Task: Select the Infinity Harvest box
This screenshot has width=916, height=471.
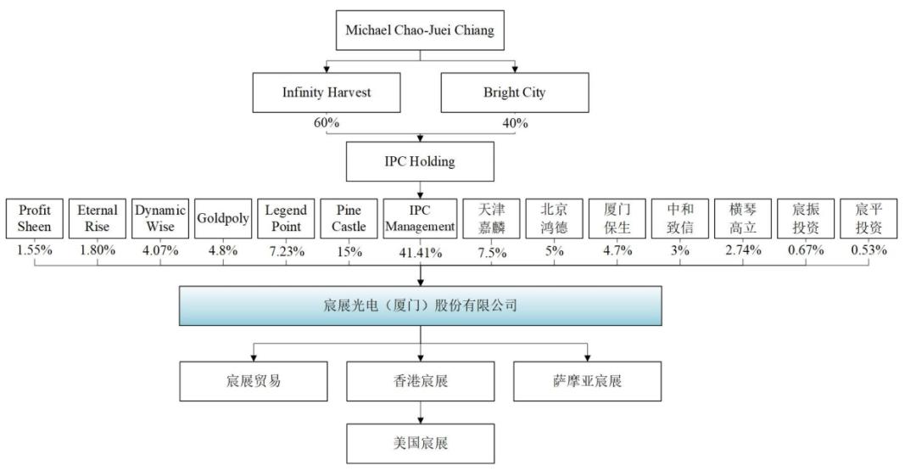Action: pyautogui.click(x=327, y=93)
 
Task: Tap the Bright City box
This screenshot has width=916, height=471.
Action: pyautogui.click(x=514, y=93)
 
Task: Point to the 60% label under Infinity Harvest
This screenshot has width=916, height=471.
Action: pyautogui.click(x=327, y=123)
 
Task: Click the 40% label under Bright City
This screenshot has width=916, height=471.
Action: pyautogui.click(x=514, y=123)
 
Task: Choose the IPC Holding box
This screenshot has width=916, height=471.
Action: pyautogui.click(x=420, y=161)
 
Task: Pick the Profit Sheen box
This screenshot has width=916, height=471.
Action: pyautogui.click(x=35, y=218)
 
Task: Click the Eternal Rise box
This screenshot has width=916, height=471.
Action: pyautogui.click(x=98, y=218)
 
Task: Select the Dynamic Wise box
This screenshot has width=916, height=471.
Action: pyautogui.click(x=160, y=218)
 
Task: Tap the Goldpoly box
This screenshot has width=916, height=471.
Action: pyautogui.click(x=223, y=218)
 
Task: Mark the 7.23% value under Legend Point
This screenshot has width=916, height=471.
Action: pyautogui.click(x=286, y=250)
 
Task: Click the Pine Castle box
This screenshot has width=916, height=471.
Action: pyautogui.click(x=349, y=218)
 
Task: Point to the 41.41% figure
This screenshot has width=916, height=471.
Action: pyautogui.click(x=420, y=250)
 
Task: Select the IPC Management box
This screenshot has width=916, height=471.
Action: pyautogui.click(x=420, y=218)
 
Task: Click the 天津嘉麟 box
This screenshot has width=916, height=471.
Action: pyautogui.click(x=491, y=218)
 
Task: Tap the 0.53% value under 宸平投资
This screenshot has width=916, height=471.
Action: pyautogui.click(x=869, y=250)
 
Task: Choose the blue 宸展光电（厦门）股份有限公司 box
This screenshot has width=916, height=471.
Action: pyautogui.click(x=420, y=306)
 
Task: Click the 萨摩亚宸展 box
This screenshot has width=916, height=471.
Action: pyautogui.click(x=587, y=381)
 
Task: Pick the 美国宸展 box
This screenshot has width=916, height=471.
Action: pyautogui.click(x=420, y=443)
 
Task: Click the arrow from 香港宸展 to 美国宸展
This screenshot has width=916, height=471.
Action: pyautogui.click(x=420, y=412)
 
